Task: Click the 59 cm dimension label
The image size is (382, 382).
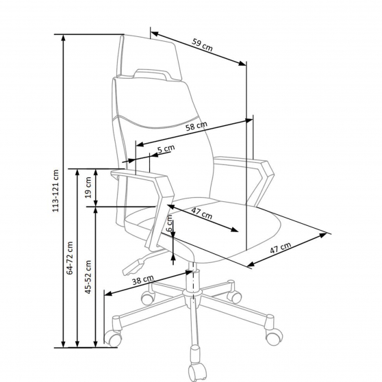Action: tap(202, 45)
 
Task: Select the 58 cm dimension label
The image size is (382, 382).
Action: tap(196, 126)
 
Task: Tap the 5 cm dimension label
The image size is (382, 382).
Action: tap(166, 149)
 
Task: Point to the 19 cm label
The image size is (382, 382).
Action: tap(89, 188)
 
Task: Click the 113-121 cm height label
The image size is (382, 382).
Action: tap(55, 191)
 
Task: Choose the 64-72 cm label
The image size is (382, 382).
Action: tap(70, 258)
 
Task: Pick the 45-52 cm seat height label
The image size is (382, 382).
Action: tap(88, 277)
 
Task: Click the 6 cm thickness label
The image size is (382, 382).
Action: tap(170, 223)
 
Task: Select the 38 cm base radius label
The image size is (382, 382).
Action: tap(143, 280)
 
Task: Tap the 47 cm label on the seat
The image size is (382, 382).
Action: tap(202, 214)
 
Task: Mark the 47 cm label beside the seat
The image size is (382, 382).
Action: tap(281, 248)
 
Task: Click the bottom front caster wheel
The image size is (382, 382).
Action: tap(197, 372)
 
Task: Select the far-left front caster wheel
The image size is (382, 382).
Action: tap(113, 338)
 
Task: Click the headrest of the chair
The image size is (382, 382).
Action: tap(149, 58)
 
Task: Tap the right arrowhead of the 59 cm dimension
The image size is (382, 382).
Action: tap(242, 64)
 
